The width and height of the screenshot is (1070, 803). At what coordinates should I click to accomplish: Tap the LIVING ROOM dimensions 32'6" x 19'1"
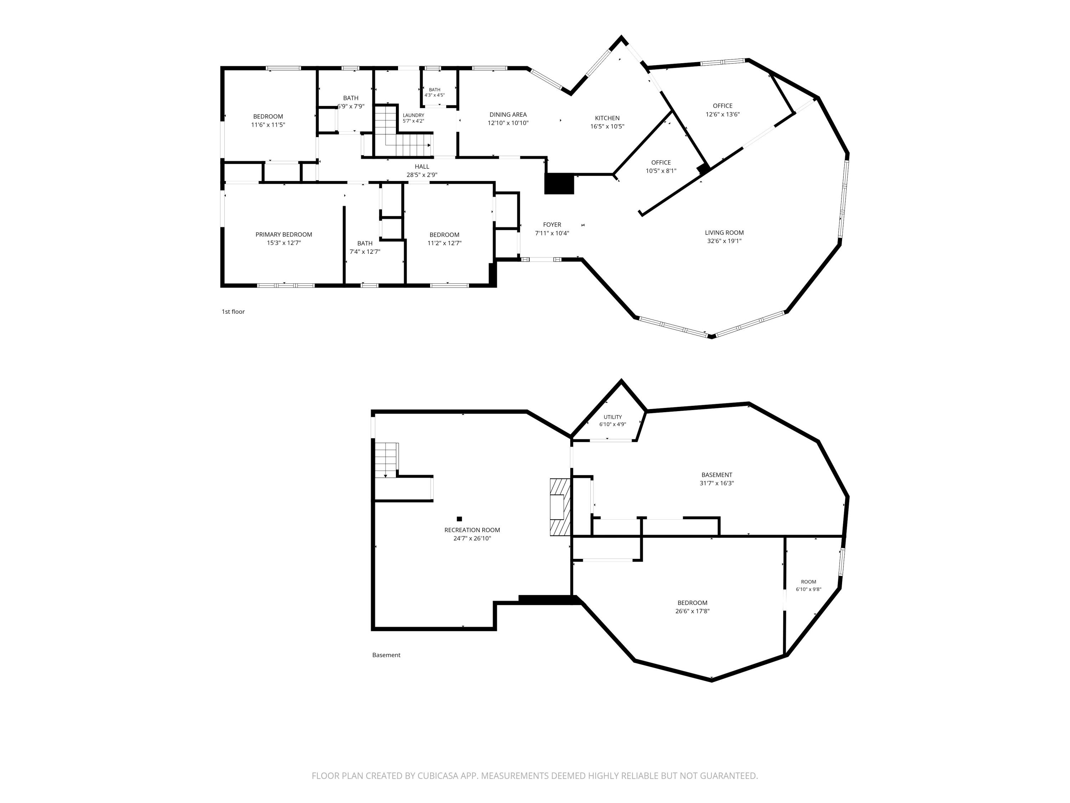click(724, 241)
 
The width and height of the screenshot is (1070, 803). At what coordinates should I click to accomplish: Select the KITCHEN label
click(607, 118)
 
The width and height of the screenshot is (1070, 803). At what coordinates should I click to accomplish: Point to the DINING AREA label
click(508, 115)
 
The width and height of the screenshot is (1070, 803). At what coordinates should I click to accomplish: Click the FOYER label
click(552, 224)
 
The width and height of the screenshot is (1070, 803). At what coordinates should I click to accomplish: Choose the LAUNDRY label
click(414, 115)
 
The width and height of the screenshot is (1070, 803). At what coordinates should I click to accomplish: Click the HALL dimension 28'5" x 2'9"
click(422, 175)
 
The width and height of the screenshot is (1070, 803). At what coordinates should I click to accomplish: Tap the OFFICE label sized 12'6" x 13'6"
click(723, 106)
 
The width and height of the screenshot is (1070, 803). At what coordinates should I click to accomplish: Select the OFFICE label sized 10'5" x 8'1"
click(661, 163)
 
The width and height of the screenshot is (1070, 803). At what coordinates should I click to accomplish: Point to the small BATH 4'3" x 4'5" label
click(434, 90)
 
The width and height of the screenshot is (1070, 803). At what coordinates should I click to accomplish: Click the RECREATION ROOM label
click(472, 530)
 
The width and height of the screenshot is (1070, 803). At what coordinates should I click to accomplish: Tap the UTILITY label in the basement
click(612, 417)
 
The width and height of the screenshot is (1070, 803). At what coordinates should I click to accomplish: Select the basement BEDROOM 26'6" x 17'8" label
click(692, 603)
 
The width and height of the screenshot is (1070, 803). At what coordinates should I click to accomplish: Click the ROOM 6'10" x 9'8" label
click(808, 582)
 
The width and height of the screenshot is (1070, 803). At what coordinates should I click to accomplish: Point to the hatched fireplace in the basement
click(560, 507)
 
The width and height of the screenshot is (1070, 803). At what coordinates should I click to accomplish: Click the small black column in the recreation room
click(459, 519)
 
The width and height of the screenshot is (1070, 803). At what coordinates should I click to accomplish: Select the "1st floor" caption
click(233, 312)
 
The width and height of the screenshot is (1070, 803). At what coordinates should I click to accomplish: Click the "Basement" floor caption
click(386, 655)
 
